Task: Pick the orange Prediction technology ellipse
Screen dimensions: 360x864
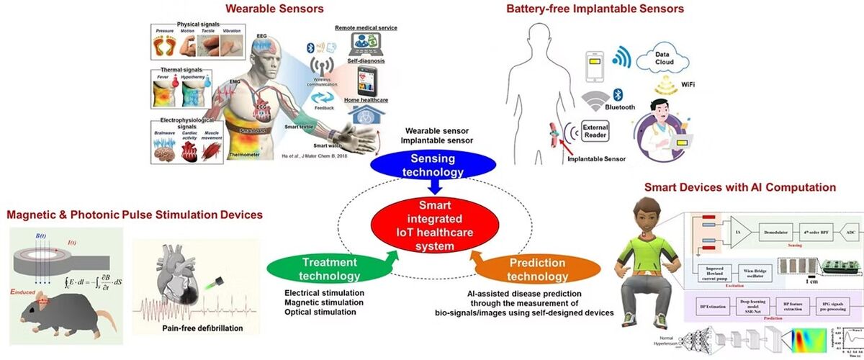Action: (537, 269)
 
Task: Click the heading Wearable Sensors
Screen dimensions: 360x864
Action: (264, 9)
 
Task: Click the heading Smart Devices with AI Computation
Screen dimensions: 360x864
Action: (739, 187)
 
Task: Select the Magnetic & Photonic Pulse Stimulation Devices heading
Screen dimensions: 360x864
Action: (134, 215)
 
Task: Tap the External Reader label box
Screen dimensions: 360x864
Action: (595, 132)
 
